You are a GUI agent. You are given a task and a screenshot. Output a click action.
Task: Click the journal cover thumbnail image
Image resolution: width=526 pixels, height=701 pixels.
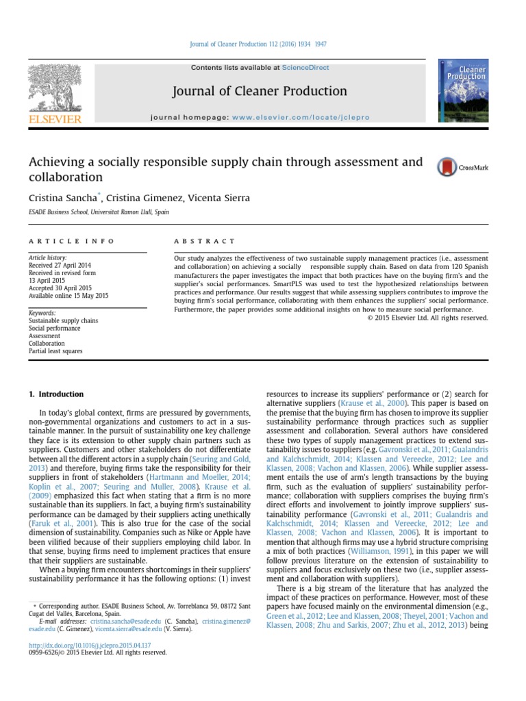click(462, 91)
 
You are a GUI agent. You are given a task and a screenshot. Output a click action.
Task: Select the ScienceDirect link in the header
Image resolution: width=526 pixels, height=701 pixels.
click(305, 68)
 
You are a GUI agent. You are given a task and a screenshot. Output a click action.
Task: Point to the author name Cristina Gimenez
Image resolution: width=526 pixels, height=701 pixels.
click(138, 198)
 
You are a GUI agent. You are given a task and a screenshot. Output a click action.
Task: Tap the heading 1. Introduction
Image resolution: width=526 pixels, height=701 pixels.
click(55, 394)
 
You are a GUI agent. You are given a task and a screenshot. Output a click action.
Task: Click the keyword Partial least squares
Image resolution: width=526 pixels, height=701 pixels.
click(55, 351)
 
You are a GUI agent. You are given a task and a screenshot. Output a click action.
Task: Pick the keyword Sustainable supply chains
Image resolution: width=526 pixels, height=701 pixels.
click(63, 320)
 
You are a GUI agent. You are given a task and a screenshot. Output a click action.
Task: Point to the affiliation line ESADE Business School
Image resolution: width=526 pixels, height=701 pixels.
click(99, 212)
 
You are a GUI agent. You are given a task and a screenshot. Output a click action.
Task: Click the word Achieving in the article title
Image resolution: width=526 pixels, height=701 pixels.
click(55, 162)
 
